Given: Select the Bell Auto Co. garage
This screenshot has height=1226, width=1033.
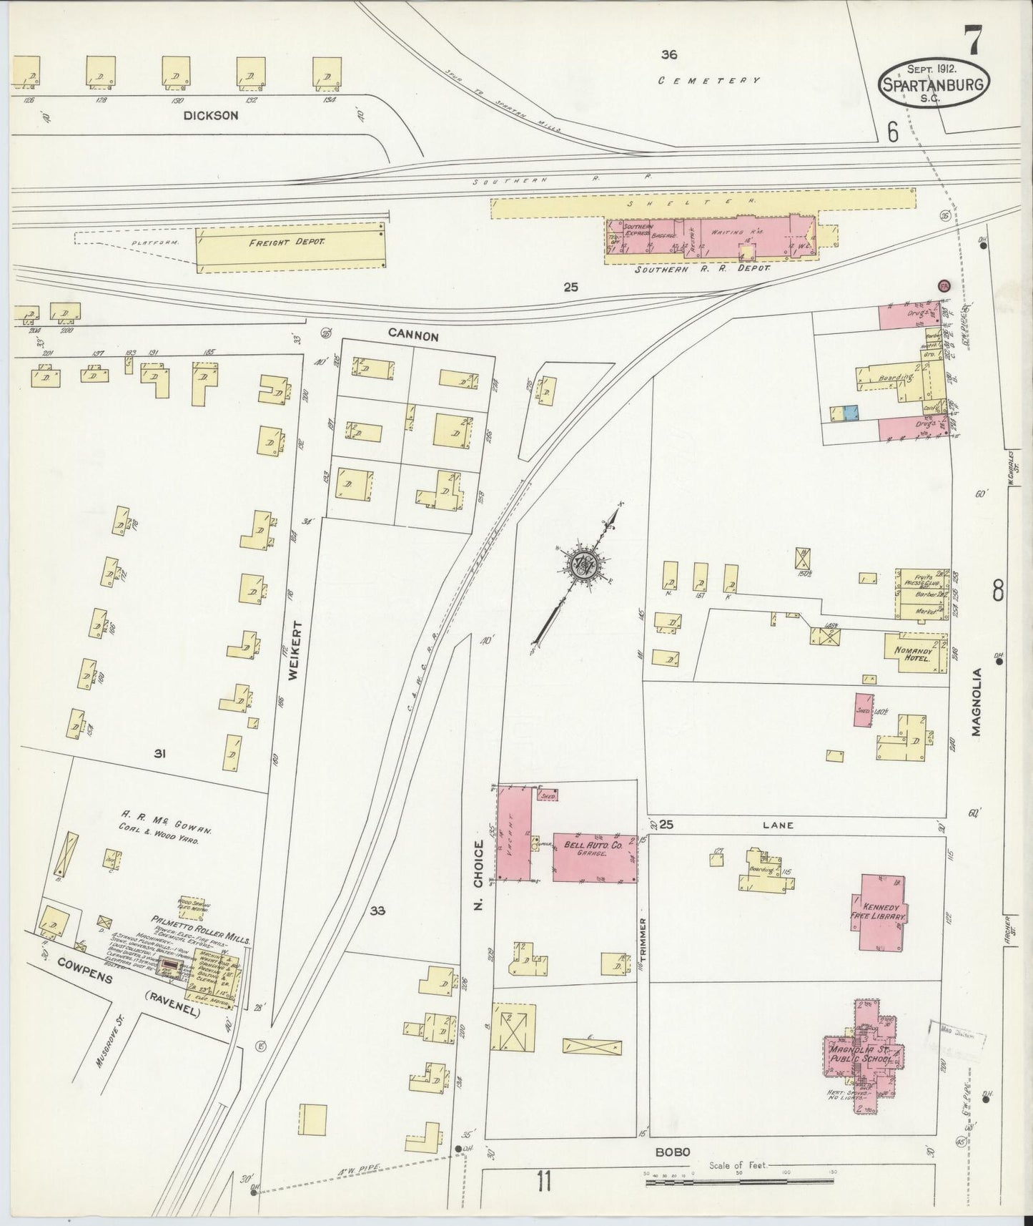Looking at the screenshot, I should click(594, 858).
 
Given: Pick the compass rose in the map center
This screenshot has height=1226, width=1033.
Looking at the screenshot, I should click(584, 565).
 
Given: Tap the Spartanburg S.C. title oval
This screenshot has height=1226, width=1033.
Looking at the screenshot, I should click(935, 84).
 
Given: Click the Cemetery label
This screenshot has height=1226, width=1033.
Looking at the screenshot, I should click(709, 81).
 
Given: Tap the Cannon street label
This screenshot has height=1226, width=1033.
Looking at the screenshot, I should click(412, 333).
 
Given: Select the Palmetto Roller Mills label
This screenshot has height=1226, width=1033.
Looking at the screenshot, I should click(199, 921).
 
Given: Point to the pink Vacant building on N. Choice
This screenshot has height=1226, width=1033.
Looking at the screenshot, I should click(514, 833).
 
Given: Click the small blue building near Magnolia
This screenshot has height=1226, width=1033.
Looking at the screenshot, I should click(850, 413).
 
